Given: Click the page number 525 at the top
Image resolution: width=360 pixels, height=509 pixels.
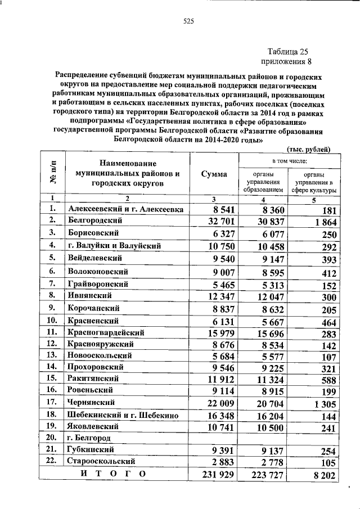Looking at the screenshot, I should [188, 22].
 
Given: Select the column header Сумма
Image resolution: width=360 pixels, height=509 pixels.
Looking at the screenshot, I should [214, 174].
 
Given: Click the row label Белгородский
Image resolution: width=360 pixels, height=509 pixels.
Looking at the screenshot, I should [94, 220].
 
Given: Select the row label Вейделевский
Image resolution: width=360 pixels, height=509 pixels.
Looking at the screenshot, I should [94, 258].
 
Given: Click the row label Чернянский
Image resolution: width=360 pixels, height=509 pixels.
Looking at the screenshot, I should [91, 402].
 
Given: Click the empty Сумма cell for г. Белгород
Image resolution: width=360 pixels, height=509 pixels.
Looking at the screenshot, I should [214, 438].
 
